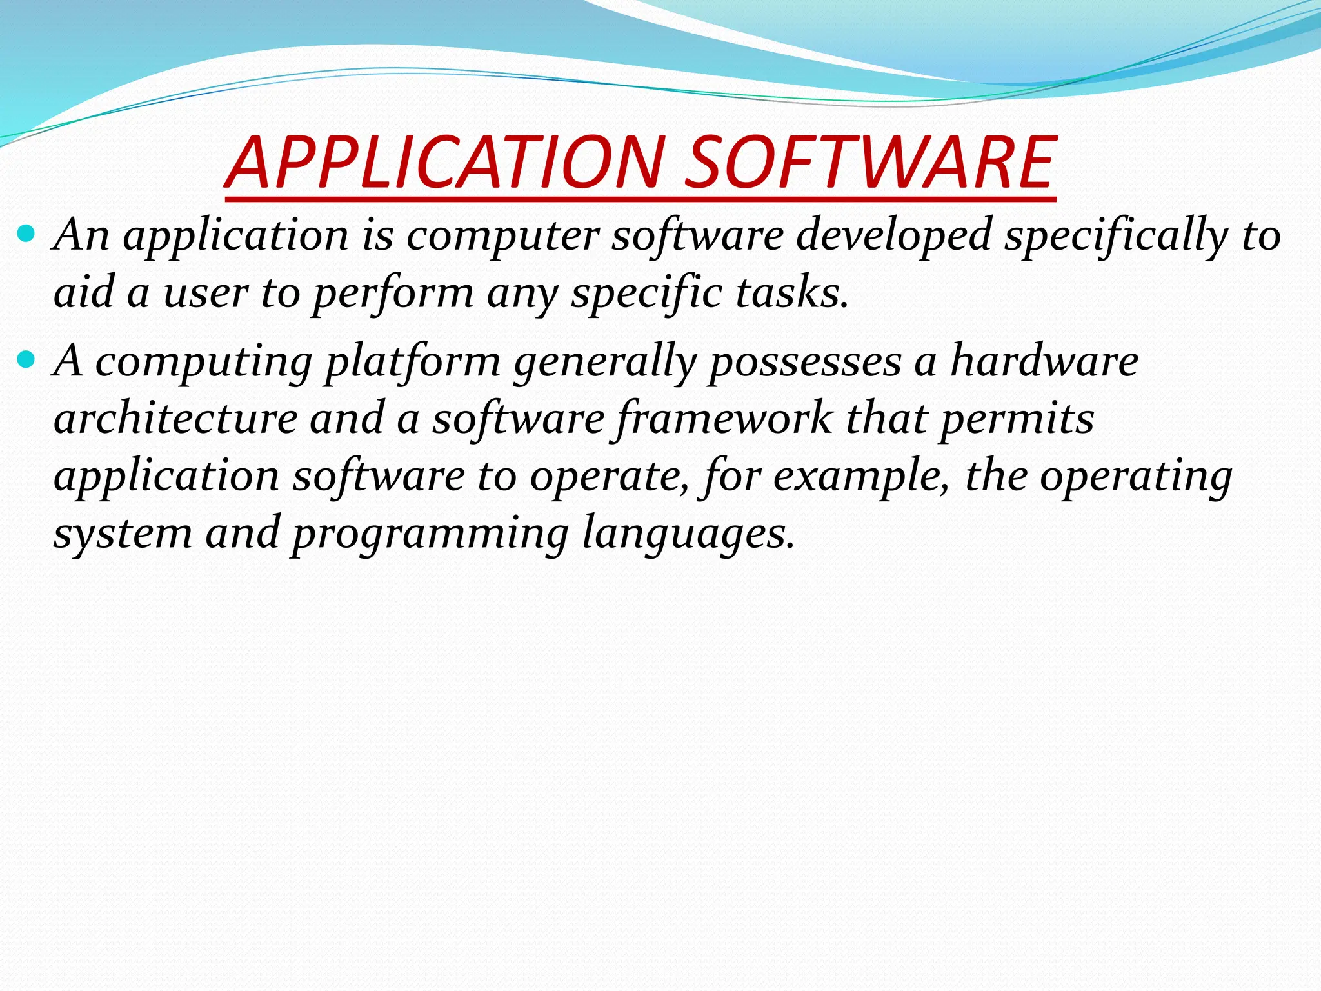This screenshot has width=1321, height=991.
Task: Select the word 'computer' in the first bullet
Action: point(503,235)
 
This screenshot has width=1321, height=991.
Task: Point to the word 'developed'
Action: point(893,235)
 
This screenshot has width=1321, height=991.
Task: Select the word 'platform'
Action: point(413,361)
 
